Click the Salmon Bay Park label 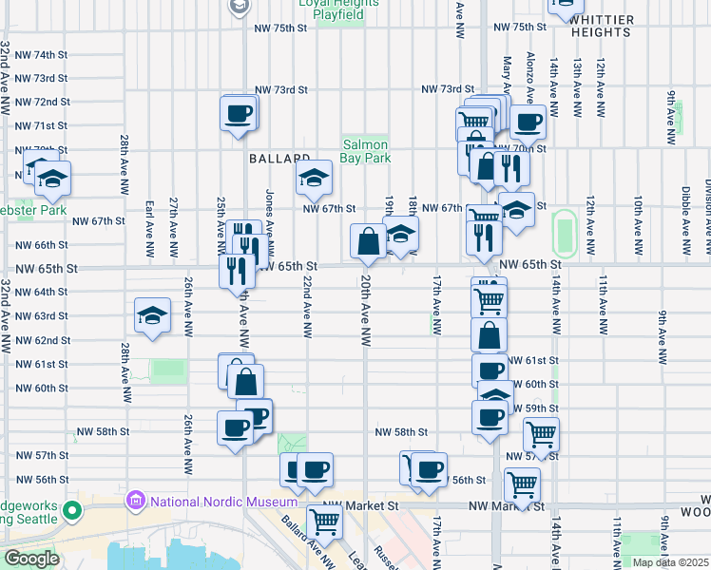point(366,152)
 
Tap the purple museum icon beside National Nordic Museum point(135,500)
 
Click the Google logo point(31,559)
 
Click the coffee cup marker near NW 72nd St point(239,115)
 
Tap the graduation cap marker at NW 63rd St point(151,317)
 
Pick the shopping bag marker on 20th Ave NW point(368,243)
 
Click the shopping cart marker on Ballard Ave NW point(324,522)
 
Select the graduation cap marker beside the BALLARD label point(313,177)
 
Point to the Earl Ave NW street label point(149,230)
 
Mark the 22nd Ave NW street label point(307,308)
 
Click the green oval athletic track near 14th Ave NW point(565,233)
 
